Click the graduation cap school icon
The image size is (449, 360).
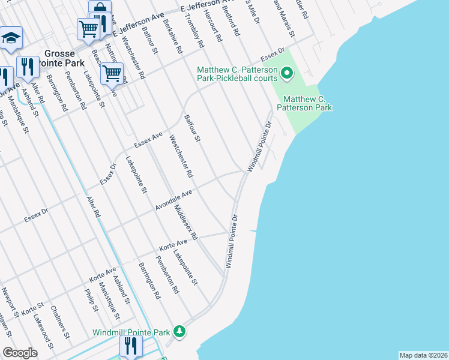tap(10, 38)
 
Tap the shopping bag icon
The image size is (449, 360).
tap(100, 9)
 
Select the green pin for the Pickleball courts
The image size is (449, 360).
tap(287, 74)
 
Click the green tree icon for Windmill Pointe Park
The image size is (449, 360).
tap(179, 331)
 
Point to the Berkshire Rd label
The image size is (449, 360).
tap(172, 38)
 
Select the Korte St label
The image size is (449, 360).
tap(29, 312)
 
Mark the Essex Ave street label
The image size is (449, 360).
tap(148, 140)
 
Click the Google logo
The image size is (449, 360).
tap(20, 352)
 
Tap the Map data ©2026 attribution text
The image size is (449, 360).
tap(423, 355)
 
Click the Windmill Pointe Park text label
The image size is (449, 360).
tap(131, 332)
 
